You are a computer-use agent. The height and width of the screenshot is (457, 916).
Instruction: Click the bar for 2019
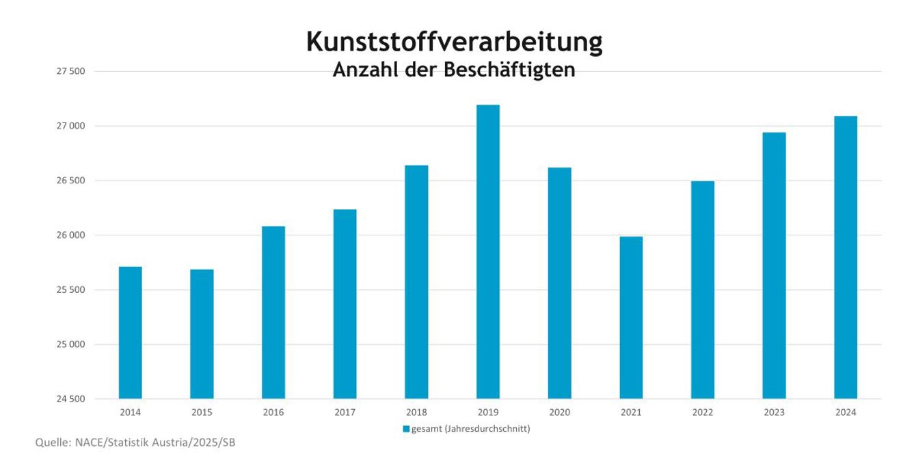487,252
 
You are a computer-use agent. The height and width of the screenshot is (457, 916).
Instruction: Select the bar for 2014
130,332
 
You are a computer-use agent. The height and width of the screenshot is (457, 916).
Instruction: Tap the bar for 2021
631,317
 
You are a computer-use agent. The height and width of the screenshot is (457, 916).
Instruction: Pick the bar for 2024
846,257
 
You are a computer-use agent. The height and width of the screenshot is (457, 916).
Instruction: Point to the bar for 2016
273,313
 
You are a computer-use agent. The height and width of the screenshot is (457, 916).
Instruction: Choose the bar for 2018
416,282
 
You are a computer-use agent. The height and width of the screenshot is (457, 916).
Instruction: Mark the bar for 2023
774,265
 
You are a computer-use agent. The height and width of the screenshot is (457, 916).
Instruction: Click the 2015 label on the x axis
202,413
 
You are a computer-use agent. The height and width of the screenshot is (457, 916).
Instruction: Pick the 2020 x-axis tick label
559,413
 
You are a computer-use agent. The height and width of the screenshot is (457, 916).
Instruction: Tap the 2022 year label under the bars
703,413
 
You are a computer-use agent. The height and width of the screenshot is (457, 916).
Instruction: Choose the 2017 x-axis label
345,413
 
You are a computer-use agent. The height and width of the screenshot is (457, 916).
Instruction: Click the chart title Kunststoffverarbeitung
454,42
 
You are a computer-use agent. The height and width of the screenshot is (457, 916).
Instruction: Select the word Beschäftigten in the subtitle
509,70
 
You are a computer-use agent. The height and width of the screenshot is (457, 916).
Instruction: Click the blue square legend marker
406,430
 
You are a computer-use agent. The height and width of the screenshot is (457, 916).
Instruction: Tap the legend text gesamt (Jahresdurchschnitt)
471,430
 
